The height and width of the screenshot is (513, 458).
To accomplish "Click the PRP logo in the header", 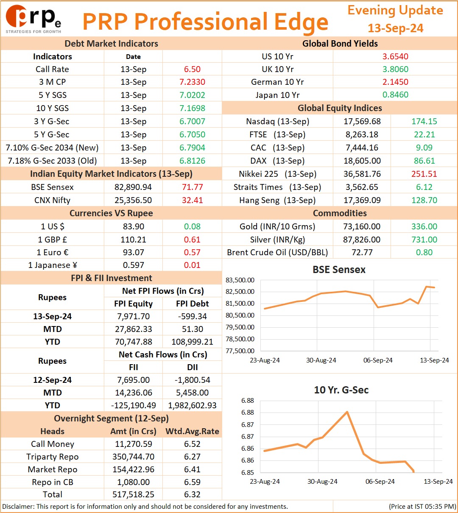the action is (x=33, y=19).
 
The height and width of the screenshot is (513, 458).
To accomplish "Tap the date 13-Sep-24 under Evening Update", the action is (x=395, y=28).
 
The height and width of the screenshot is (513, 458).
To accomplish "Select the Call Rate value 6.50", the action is (x=192, y=69).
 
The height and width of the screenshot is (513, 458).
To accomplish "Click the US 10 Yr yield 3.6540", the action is (x=395, y=56).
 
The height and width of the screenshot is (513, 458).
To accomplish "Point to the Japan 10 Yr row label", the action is (x=277, y=95).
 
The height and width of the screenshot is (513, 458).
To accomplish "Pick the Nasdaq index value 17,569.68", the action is (x=362, y=121).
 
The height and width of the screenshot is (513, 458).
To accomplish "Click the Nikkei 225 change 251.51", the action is (x=424, y=174).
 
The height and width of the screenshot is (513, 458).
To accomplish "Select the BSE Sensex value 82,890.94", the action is (x=133, y=187).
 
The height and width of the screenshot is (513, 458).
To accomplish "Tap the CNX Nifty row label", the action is (x=53, y=200).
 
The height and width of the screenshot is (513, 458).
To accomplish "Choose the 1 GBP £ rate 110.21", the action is (x=133, y=240).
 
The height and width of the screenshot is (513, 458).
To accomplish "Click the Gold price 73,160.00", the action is (x=362, y=226).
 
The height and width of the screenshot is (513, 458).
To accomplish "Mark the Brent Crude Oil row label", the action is (x=277, y=252).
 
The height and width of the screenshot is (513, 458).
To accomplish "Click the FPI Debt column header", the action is (x=192, y=304).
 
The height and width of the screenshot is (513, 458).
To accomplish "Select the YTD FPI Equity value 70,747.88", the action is (x=134, y=342).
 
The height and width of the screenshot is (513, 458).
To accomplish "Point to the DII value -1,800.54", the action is (x=192, y=380).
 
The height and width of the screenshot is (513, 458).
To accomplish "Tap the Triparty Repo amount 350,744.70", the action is (x=134, y=457).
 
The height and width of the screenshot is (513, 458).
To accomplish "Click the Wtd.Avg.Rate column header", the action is (x=192, y=431).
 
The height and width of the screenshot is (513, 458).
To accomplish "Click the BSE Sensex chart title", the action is (x=339, y=270).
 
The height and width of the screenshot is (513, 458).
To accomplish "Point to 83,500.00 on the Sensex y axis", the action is (x=240, y=280).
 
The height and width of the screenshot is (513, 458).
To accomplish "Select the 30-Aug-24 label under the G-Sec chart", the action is (x=322, y=481).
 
